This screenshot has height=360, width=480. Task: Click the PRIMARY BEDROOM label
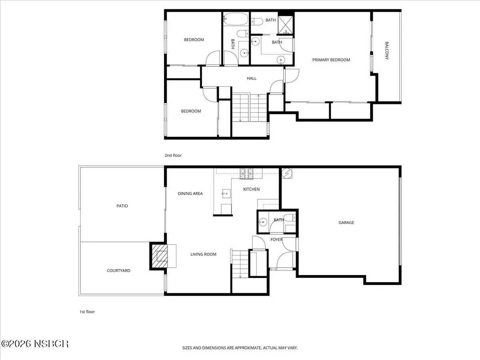331,60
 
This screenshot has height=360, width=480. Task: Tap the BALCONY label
387,51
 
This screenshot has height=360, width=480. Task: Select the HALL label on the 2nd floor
252,78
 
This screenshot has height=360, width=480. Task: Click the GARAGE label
346,222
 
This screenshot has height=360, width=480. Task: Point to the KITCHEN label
251,189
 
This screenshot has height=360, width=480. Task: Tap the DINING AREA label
190,194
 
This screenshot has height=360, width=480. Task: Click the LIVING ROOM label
203,254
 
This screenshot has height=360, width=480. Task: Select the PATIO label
122,206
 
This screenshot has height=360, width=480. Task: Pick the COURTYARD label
118,271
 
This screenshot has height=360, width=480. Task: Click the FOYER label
276,240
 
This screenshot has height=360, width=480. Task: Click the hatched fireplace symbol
160,256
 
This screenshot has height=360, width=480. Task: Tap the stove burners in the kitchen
246,174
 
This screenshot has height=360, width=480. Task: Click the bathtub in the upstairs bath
236,19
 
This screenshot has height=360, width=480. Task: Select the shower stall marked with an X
285,25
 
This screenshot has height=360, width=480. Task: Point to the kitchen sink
226,194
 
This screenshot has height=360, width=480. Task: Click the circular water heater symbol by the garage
287,173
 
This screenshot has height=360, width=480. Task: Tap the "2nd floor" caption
173,156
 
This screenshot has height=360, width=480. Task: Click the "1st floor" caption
87,312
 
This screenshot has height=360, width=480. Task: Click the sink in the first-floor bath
263,222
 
